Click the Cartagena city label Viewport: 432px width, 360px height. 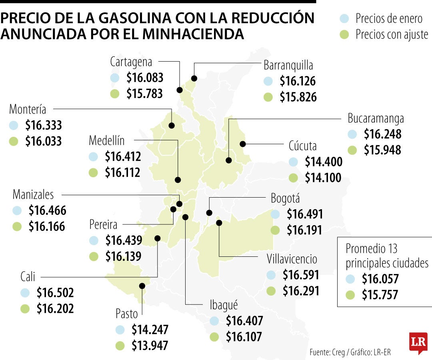(x=131, y=62)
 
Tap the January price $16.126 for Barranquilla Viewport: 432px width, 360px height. (x=298, y=81)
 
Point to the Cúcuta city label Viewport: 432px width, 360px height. (x=302, y=146)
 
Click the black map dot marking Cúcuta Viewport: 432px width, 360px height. (x=242, y=144)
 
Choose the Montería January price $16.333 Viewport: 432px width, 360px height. (x=43, y=125)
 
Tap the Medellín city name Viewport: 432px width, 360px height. (x=106, y=141)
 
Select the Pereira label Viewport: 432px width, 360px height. (x=104, y=224)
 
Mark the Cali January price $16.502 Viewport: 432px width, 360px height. (x=55, y=293)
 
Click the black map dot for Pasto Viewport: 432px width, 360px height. (x=142, y=286)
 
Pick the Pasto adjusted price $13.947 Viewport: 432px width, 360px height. (x=150, y=345)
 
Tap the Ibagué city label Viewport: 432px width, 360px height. (x=224, y=305)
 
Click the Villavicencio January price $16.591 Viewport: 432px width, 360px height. (x=301, y=275)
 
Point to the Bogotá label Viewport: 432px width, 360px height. (x=285, y=198)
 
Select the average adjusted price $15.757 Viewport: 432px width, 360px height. (x=380, y=295)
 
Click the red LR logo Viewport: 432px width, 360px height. (x=418, y=343)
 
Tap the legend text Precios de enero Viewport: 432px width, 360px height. (x=388, y=18)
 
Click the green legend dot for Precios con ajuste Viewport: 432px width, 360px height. (x=344, y=34)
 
